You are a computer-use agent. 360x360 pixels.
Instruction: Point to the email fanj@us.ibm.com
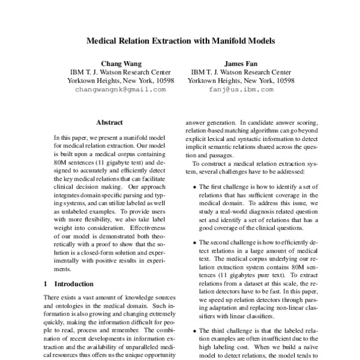[242, 89]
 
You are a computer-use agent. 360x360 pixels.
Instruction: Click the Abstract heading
[109, 122]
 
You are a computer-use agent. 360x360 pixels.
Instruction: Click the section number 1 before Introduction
[47, 283]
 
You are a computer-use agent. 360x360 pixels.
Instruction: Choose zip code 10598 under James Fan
[283, 80]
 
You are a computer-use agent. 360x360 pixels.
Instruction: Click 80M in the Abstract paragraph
[61, 163]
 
